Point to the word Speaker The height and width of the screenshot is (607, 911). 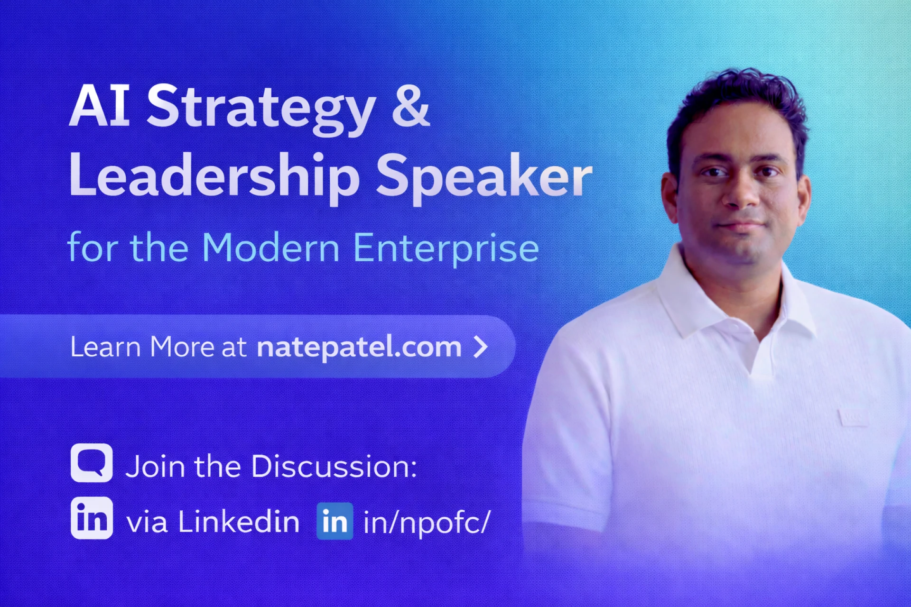coord(484,176)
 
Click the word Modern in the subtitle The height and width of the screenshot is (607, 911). coord(270,248)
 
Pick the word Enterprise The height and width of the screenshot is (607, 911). coord(446,248)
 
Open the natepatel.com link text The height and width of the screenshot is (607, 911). coord(359,347)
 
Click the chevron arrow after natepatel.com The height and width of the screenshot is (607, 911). coord(481,347)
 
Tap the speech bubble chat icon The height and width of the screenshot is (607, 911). coord(92,463)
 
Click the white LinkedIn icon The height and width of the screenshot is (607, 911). coord(92,518)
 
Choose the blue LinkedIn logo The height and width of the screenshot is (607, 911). coord(335,521)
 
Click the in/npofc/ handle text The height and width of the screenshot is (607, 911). coord(426,523)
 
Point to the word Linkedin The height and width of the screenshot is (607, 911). coord(239,522)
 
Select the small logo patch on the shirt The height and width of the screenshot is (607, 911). coord(853,417)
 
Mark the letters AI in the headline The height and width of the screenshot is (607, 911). coord(100,106)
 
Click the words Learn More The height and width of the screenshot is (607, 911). coord(142,347)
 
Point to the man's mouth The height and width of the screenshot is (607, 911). coord(741,225)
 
